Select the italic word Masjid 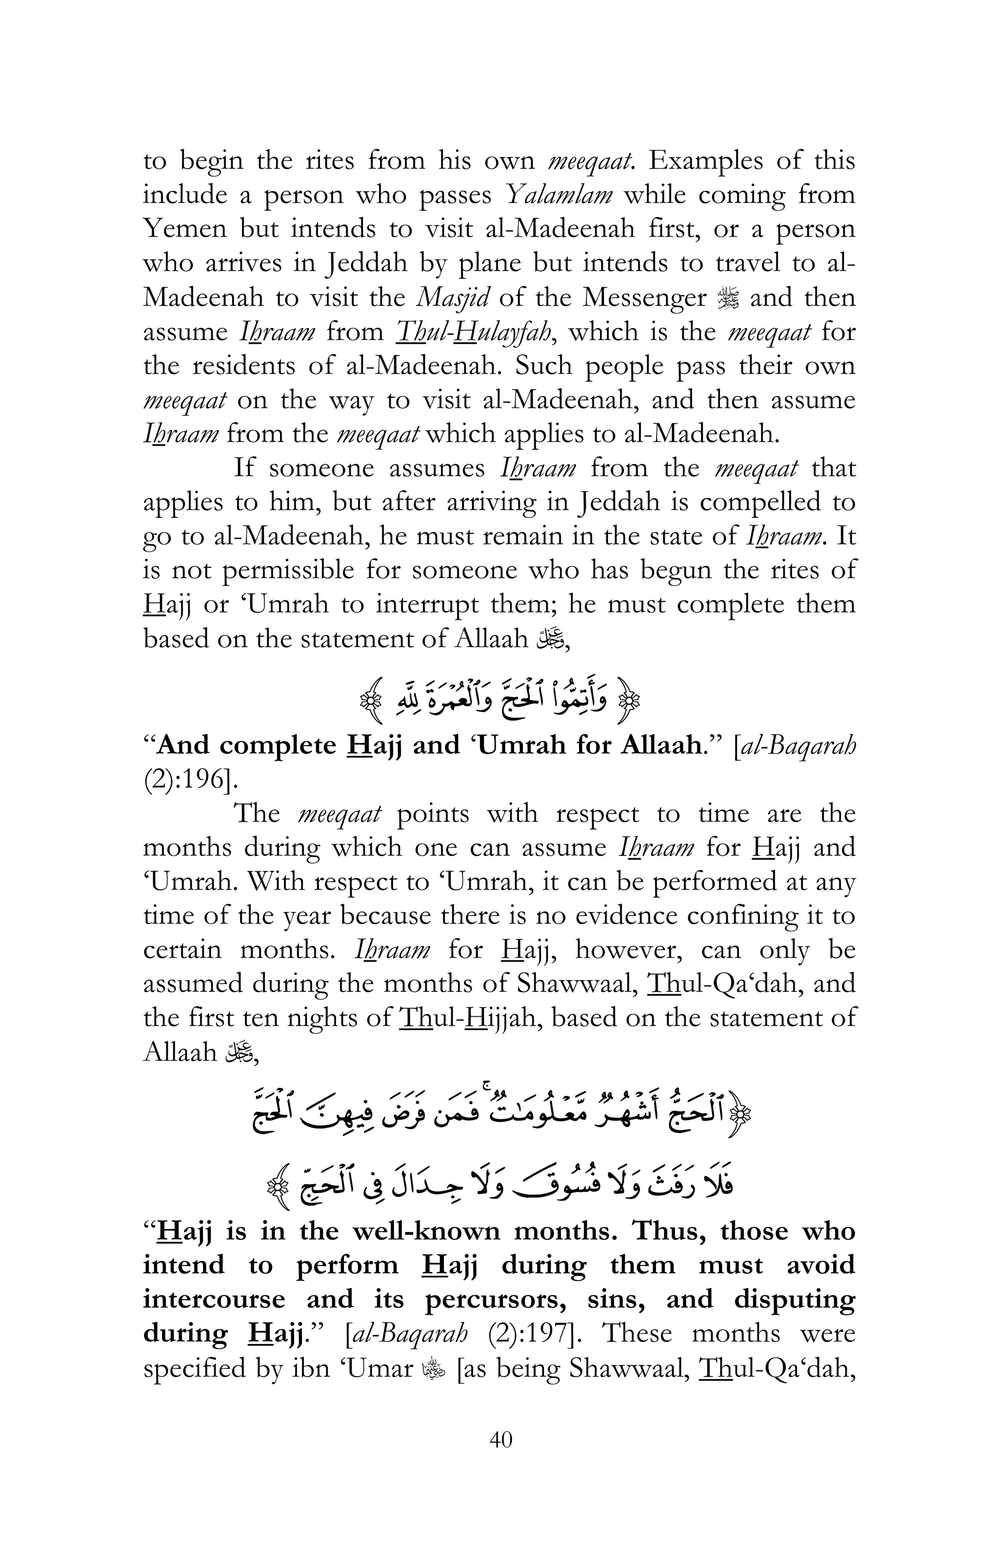click(x=451, y=297)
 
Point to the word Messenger click(x=644, y=297)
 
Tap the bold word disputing click(x=794, y=1299)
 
